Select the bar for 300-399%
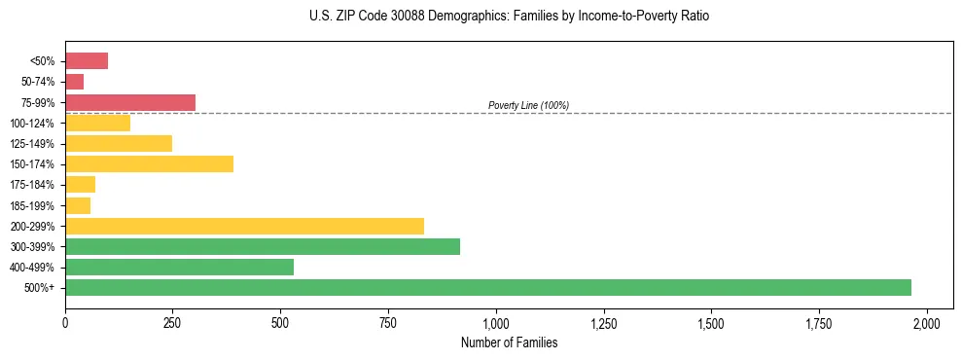click(263, 246)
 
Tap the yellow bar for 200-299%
click(244, 226)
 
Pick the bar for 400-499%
click(179, 267)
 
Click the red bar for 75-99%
click(130, 102)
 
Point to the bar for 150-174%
click(149, 163)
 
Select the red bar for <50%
click(87, 61)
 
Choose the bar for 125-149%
click(119, 143)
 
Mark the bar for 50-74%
click(74, 82)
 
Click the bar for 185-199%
click(78, 205)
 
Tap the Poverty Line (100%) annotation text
click(528, 105)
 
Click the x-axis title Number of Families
click(509, 342)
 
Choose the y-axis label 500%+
click(40, 288)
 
